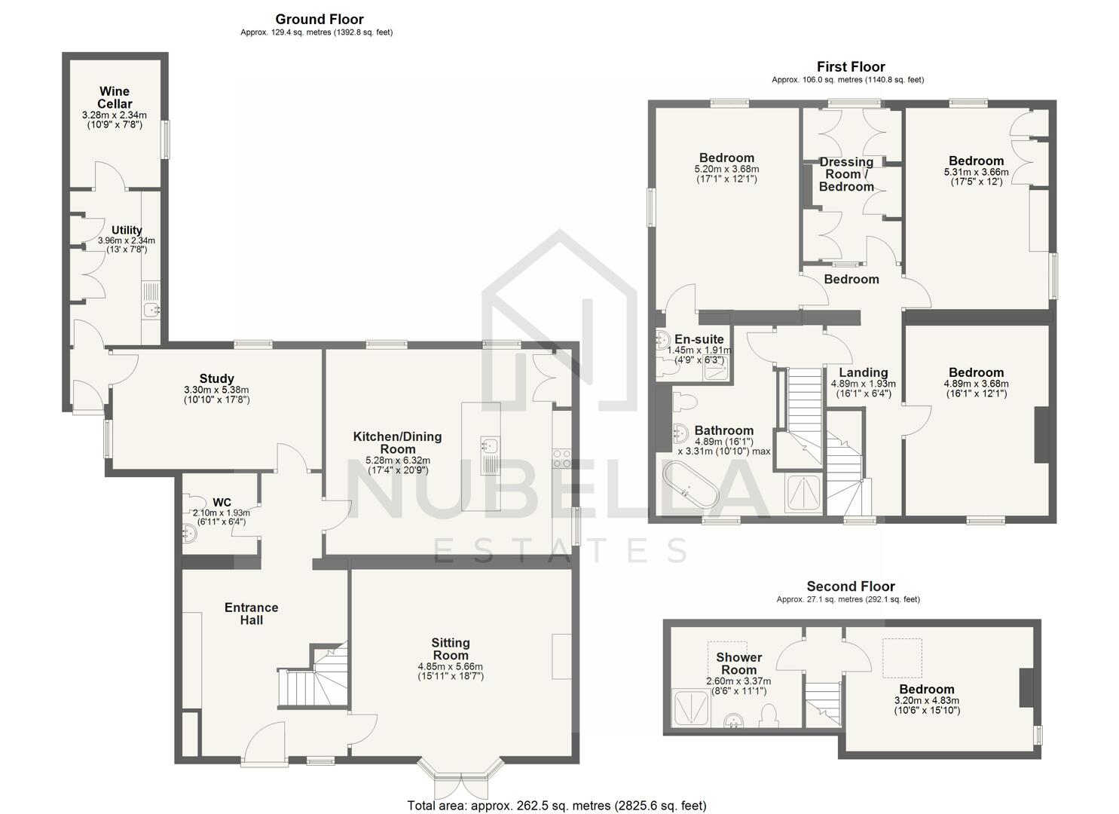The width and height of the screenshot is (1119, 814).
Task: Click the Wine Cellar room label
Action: click(x=115, y=98)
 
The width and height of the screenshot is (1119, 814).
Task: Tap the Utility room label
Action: click(x=127, y=231)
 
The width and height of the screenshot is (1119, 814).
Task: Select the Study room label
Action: click(x=216, y=378)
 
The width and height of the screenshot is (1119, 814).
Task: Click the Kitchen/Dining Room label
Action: click(x=397, y=442)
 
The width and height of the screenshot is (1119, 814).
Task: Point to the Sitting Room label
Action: click(x=451, y=649)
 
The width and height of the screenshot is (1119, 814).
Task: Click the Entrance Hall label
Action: click(x=251, y=614)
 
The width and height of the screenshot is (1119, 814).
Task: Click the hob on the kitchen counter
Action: click(x=562, y=458)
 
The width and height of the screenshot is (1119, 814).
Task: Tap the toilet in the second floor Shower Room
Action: click(x=769, y=715)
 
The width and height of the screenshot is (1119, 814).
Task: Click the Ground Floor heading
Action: click(x=319, y=20)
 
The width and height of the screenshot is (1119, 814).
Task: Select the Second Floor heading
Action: click(x=851, y=586)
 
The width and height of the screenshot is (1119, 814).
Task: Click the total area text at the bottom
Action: click(x=557, y=806)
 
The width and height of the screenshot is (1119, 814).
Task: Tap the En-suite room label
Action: click(x=699, y=339)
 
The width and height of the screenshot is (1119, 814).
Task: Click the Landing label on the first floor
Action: click(x=864, y=372)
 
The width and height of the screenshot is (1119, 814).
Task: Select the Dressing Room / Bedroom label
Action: click(x=846, y=174)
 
